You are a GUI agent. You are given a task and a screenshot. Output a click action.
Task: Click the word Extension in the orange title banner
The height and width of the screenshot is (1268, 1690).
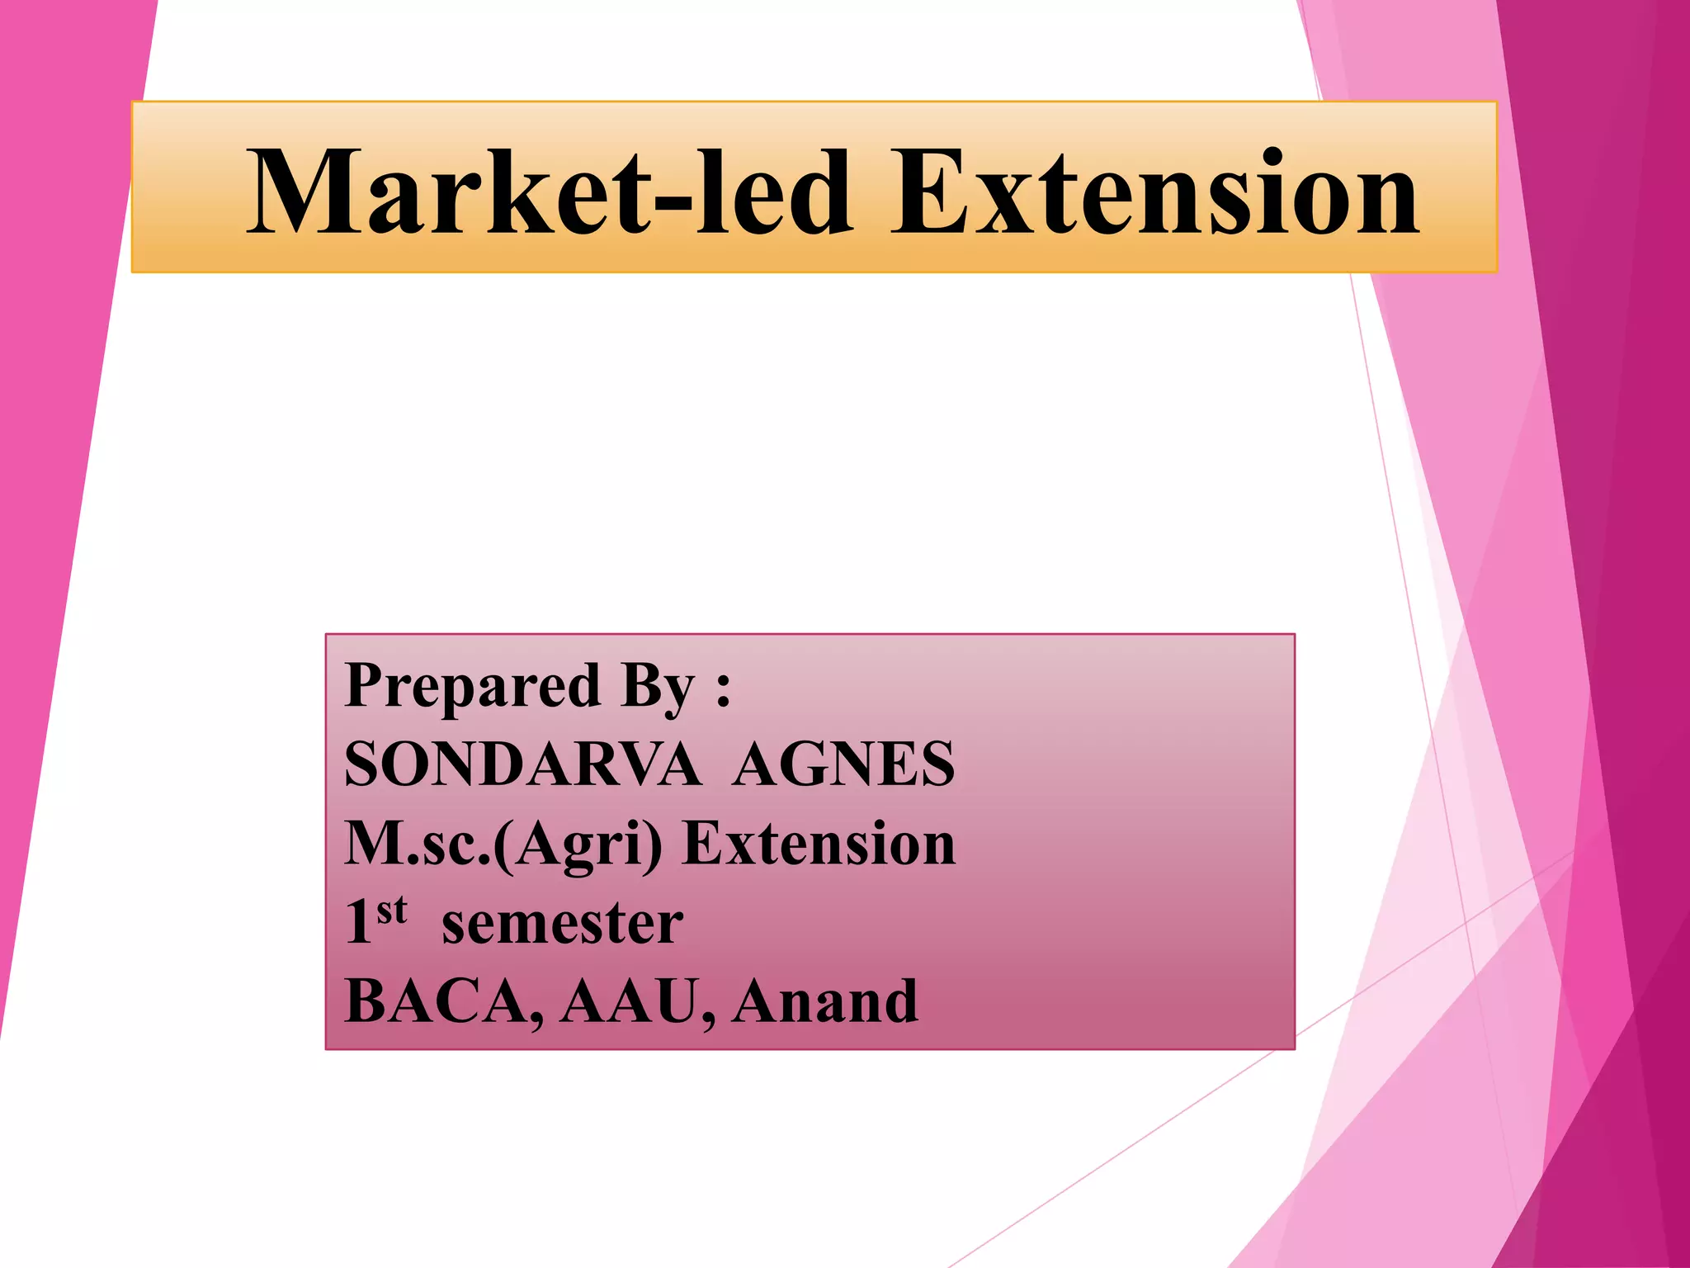(1155, 192)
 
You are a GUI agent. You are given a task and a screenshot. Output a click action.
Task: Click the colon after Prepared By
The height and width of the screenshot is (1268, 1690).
(724, 689)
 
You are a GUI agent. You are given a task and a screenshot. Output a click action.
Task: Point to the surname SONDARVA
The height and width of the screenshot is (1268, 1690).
(522, 764)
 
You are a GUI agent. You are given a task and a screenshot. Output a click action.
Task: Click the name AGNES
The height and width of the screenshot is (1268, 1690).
(843, 764)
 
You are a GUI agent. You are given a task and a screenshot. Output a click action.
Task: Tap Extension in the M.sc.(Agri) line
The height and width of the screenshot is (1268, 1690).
(819, 844)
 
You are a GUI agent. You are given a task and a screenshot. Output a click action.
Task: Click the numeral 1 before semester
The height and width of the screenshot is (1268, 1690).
(358, 923)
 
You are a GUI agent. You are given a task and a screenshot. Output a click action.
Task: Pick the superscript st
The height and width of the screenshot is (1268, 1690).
(392, 910)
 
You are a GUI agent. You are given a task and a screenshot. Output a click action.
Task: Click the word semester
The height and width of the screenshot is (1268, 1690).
(562, 925)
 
